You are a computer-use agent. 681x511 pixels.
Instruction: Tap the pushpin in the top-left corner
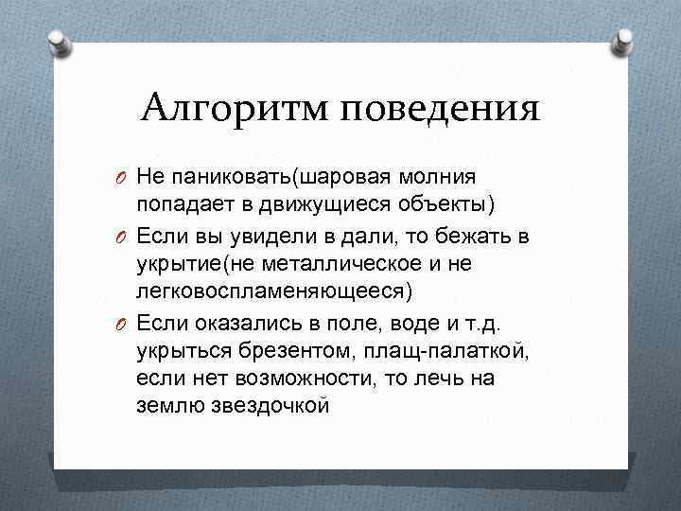58,41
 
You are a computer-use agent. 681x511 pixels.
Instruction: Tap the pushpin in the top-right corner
623,40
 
